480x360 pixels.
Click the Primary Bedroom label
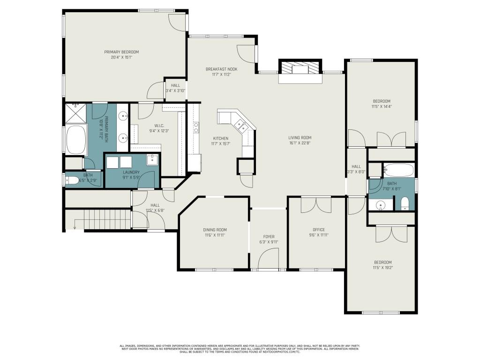click(121, 52)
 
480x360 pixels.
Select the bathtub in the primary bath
click(76, 139)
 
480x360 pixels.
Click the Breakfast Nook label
click(221, 69)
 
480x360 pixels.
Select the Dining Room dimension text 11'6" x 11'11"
click(215, 235)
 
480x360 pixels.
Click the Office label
click(319, 230)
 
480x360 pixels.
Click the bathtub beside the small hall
click(398, 169)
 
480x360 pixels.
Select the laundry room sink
click(153, 160)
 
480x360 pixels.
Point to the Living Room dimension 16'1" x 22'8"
click(300, 143)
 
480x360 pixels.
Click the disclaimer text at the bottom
click(240, 348)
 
